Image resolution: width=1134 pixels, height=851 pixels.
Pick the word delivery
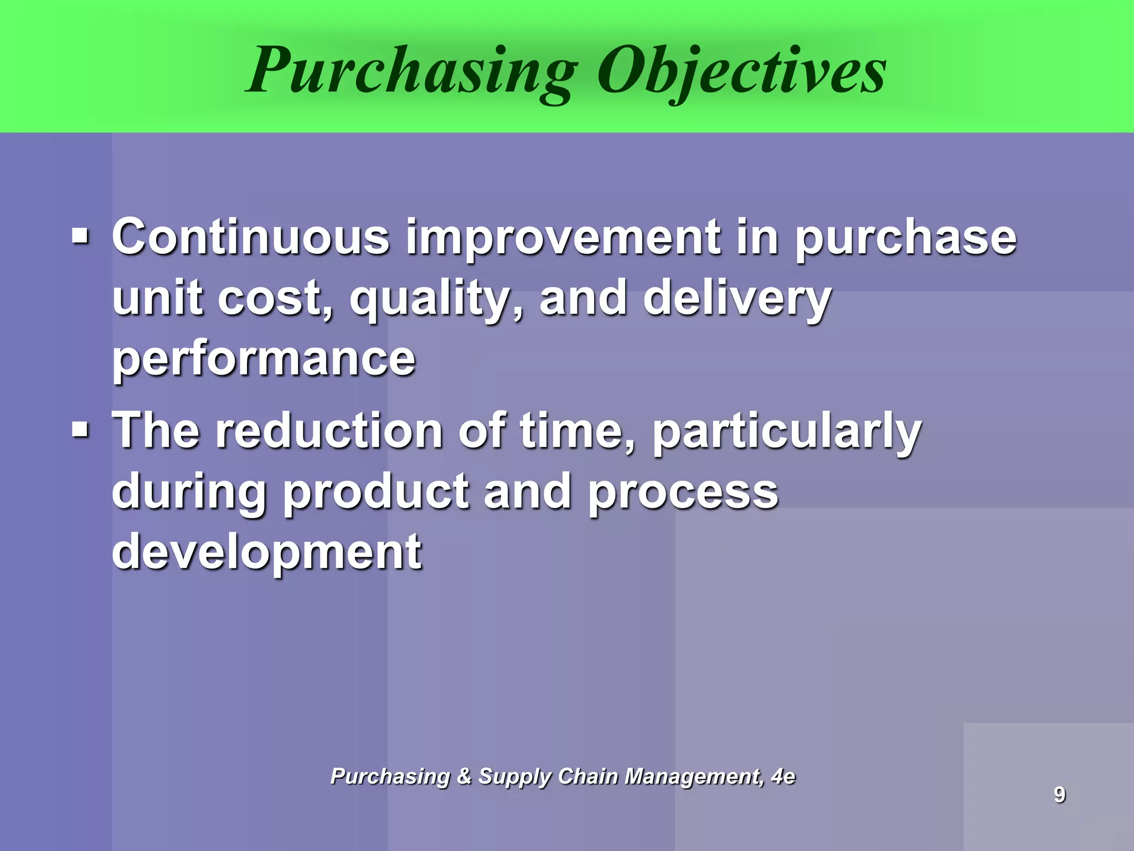pos(736,299)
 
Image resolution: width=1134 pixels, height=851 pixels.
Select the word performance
pos(264,360)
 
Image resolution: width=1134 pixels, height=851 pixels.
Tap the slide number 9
pos(1059,794)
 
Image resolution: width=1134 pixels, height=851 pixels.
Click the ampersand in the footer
pos(464,776)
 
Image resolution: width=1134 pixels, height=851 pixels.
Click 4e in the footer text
pos(783,776)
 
